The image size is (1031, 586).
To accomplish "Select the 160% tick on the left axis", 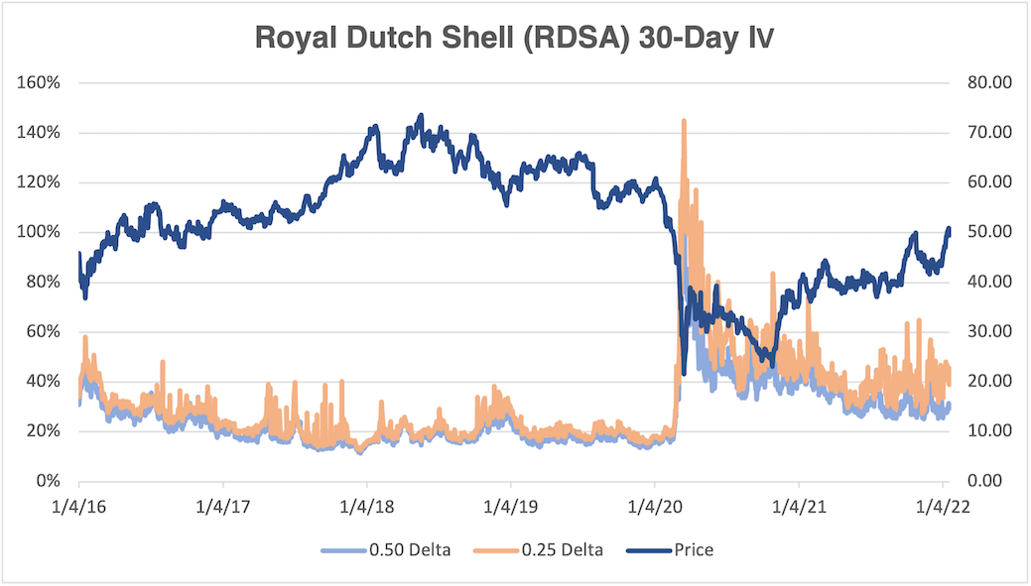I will coord(40,82).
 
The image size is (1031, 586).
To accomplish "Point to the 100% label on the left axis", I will coord(40,232).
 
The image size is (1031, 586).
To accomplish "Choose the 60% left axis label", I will coord(44,331).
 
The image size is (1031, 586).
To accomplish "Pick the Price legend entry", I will coord(679,549).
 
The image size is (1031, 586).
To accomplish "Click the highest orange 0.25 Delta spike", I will coord(684,121).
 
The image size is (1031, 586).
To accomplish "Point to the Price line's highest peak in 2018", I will coord(420,116).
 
